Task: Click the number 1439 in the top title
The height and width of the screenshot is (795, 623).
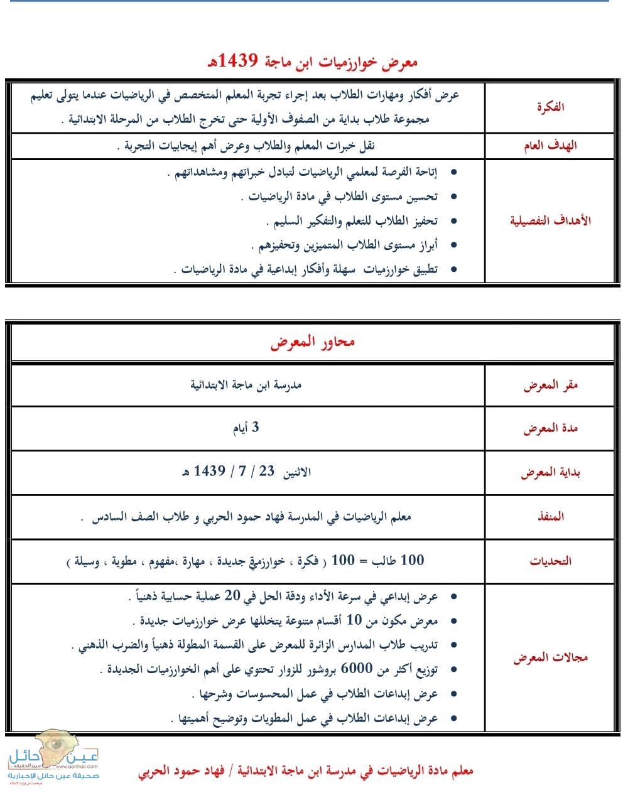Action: click(232, 61)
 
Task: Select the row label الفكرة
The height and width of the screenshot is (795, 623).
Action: click(551, 107)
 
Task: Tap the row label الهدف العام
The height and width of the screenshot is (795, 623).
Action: click(550, 146)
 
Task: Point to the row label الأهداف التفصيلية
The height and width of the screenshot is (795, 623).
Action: click(550, 220)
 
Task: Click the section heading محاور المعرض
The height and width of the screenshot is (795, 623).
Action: click(312, 343)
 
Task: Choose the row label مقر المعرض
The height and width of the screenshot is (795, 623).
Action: click(550, 385)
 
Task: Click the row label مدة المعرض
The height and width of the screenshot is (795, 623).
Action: click(550, 429)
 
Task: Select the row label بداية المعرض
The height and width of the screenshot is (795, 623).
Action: click(550, 473)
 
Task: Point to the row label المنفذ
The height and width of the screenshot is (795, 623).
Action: click(550, 517)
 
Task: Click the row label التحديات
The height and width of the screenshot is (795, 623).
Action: click(550, 561)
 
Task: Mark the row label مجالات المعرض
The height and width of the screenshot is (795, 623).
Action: click(550, 658)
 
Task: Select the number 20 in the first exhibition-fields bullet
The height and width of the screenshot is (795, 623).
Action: click(232, 595)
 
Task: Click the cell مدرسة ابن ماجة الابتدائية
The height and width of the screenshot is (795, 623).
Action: click(246, 384)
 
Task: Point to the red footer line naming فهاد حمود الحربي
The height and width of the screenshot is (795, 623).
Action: click(306, 771)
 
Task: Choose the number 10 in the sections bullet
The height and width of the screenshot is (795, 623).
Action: click(354, 620)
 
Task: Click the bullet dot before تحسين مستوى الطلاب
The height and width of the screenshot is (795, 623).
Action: click(454, 197)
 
